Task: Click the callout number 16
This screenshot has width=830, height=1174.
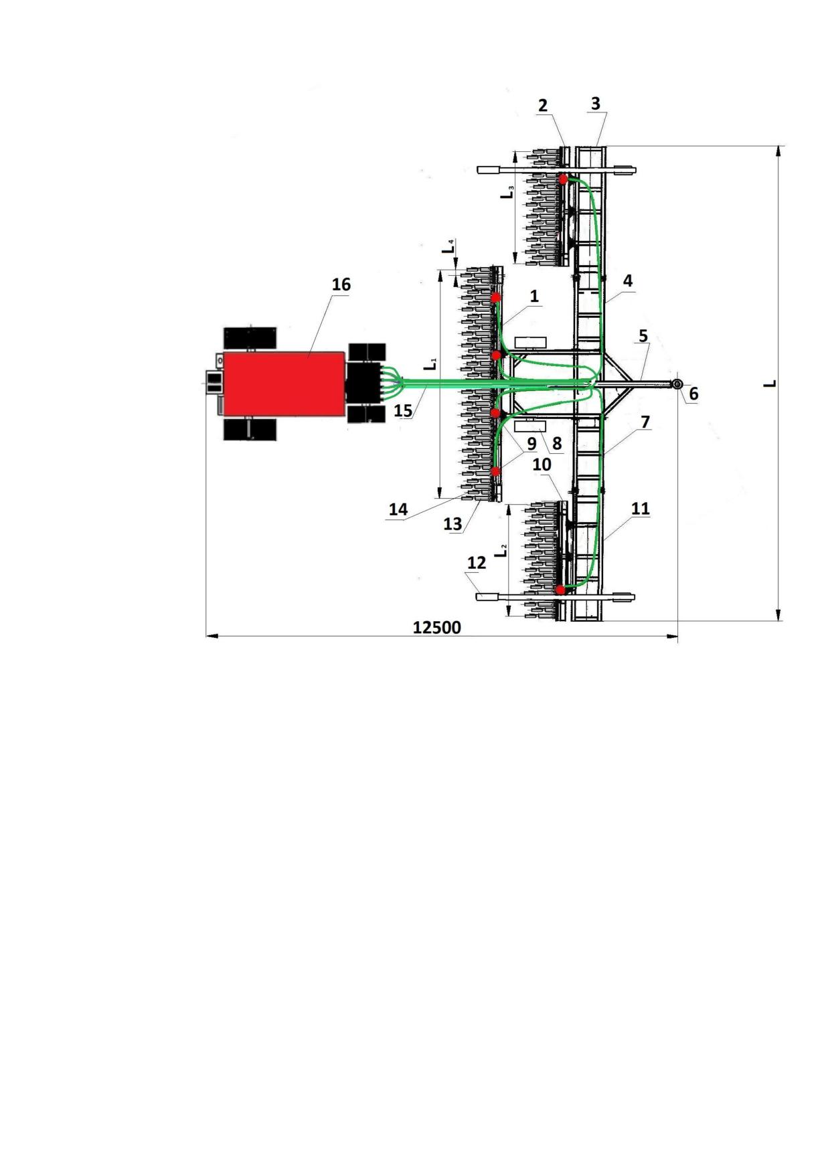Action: click(x=341, y=284)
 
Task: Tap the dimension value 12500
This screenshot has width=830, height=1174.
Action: click(x=436, y=627)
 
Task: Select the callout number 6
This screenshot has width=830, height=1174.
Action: click(x=693, y=394)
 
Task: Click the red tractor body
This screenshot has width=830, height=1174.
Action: click(x=284, y=384)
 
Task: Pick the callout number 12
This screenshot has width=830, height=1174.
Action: click(x=476, y=563)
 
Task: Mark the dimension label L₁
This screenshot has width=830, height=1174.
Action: click(x=433, y=365)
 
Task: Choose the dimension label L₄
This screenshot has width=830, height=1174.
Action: click(x=450, y=246)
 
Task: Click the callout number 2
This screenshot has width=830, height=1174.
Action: click(x=542, y=105)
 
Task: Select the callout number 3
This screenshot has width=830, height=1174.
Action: click(x=596, y=104)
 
